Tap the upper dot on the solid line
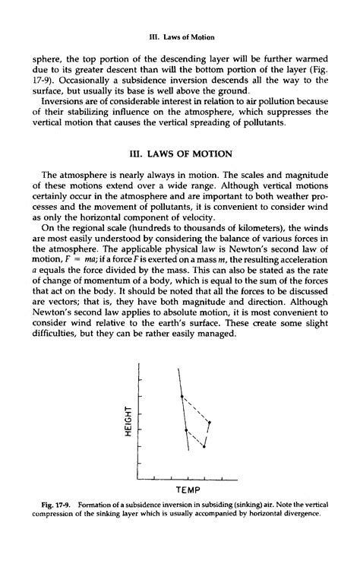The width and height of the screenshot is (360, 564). pyautogui.click(x=181, y=396)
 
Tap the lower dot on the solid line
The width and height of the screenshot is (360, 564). pyautogui.click(x=188, y=430)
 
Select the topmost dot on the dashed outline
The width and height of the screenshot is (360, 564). pyautogui.click(x=181, y=396)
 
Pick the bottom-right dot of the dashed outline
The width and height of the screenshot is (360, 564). pyautogui.click(x=204, y=446)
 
